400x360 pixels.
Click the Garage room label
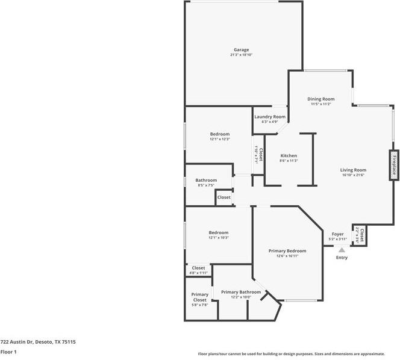[241, 50]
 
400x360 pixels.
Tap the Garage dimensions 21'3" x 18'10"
[241, 55]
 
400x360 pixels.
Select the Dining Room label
[320, 99]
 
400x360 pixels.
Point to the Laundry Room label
[269, 117]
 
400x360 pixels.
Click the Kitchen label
[289, 156]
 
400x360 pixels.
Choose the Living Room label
[353, 170]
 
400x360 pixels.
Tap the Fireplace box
[395, 165]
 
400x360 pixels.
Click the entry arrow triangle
[342, 249]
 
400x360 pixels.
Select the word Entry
[342, 258]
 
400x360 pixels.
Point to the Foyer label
[337, 234]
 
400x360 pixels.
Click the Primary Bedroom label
[287, 250]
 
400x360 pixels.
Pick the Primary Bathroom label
[241, 292]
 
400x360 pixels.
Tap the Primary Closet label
[199, 297]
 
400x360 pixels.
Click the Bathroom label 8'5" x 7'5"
[206, 181]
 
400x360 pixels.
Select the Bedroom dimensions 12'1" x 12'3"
[219, 139]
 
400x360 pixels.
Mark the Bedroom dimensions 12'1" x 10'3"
[218, 237]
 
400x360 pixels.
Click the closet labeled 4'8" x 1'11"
[198, 270]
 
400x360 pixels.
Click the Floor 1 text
[8, 352]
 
